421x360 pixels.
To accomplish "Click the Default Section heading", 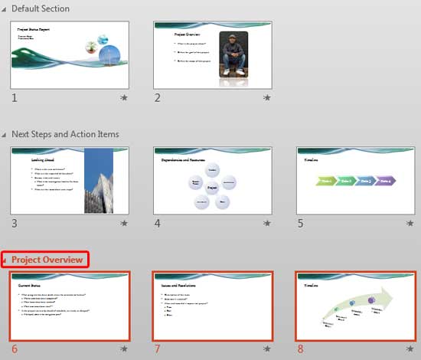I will tap(40, 8).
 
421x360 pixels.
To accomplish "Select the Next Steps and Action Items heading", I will tap(65, 134).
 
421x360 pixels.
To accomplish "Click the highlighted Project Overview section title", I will tap(47, 260).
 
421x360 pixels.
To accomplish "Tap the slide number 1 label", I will tap(15, 97).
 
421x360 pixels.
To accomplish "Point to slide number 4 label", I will tap(157, 223).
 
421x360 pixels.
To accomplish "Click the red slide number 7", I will tap(157, 349).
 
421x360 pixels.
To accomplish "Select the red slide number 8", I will tap(300, 349).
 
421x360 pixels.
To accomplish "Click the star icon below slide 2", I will tap(267, 98).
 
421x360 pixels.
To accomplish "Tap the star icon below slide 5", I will tap(410, 224).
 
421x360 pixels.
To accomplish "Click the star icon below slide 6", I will tap(124, 349).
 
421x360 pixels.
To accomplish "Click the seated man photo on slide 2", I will tap(232, 54).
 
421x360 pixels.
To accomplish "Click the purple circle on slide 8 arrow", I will tap(371, 301).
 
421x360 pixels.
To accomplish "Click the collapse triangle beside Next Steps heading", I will tap(5, 135).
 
